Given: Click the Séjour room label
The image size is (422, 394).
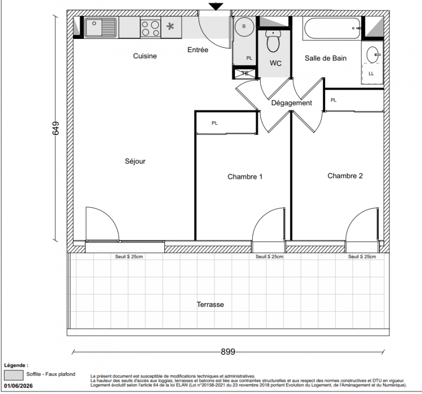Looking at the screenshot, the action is (x=135, y=161).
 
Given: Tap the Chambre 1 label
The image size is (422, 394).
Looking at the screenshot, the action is (x=245, y=176).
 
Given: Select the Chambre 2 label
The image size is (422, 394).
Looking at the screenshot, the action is (x=345, y=176).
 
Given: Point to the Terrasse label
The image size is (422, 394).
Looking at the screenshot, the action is (x=210, y=304).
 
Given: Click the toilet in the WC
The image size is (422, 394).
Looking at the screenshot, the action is (x=273, y=41).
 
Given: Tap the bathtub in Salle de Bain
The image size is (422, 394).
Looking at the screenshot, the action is (x=332, y=29).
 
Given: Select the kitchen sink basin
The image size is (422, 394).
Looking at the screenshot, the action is (x=94, y=28).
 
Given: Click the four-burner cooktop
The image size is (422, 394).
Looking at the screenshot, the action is (x=151, y=28).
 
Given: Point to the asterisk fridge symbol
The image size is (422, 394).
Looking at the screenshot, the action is (x=170, y=27).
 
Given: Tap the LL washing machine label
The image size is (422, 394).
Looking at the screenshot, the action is (x=371, y=73).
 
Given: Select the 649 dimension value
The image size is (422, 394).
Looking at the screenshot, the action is (x=55, y=128).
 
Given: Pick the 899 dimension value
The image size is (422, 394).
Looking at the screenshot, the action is (x=228, y=352).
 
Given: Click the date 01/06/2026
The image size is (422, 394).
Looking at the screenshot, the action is (x=18, y=386).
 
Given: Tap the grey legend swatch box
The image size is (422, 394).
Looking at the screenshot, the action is (x=14, y=375).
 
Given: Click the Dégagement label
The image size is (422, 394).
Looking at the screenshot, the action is (x=292, y=103).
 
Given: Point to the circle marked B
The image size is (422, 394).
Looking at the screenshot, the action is (x=244, y=27).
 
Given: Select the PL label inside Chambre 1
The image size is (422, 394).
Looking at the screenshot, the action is (x=215, y=123).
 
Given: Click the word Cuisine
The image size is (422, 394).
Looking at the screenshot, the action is (x=145, y=56).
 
